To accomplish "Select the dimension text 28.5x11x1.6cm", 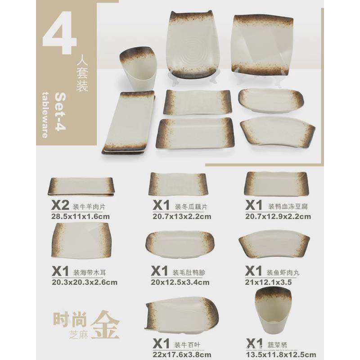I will coord(80,216).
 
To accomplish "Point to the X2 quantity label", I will coord(59,206).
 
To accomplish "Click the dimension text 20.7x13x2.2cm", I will coord(181,216).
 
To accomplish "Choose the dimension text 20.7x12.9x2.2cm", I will coord(278,216).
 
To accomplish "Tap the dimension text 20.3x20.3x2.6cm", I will coord(85,283).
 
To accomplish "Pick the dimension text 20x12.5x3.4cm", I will coord(180,283).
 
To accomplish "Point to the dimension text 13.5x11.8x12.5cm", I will coord(282,355).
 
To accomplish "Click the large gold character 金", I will coord(105,324).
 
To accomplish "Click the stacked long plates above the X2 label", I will coord(81,185).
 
